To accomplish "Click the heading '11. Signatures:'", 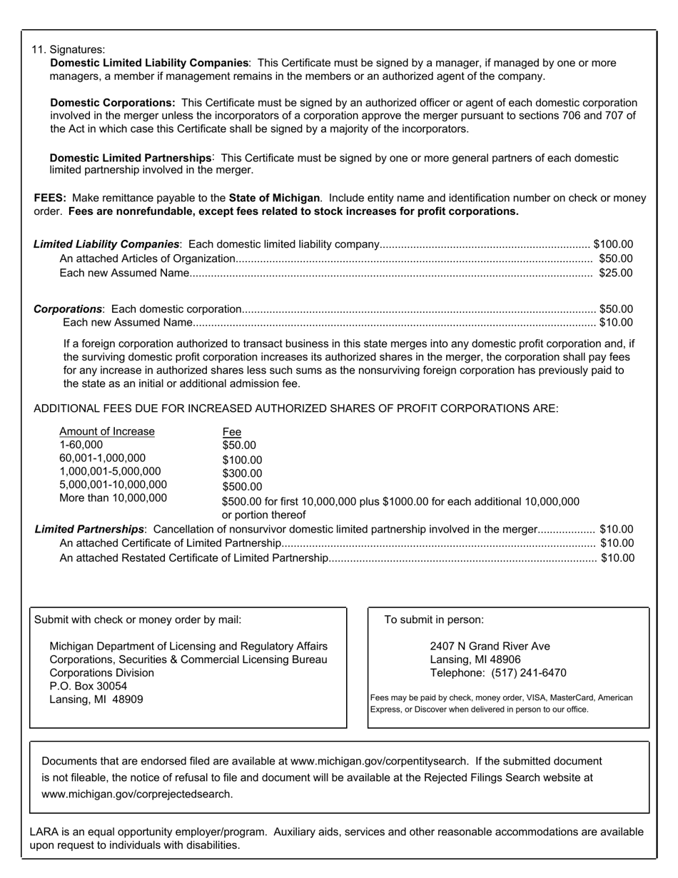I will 68,49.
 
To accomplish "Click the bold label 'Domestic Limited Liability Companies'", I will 149,63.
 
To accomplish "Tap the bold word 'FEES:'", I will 50,198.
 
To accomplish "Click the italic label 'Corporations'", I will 69,309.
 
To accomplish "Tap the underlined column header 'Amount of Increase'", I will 106,431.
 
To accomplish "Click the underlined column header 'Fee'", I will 231,432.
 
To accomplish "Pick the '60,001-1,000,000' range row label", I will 102,458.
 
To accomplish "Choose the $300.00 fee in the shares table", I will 242,473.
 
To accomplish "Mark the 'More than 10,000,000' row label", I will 113,498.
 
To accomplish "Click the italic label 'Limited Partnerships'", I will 89,529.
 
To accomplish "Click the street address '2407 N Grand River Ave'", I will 490,646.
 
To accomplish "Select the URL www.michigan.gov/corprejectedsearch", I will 137,793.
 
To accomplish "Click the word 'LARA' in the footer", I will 44,832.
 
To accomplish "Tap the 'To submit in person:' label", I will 433,620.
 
